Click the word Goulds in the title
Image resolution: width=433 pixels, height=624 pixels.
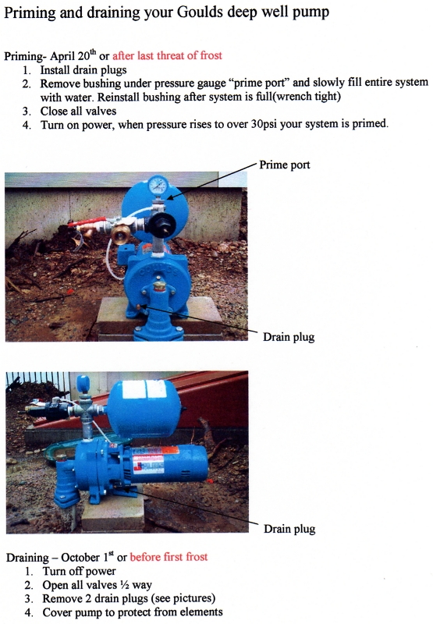pos(201,13)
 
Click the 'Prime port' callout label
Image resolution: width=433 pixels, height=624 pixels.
pos(285,165)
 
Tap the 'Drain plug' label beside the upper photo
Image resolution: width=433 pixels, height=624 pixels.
pos(289,337)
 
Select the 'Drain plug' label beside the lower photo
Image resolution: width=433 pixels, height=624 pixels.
pos(289,529)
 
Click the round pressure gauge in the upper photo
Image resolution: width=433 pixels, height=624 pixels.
pos(158,186)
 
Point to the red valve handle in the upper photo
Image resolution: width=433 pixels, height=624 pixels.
pos(87,222)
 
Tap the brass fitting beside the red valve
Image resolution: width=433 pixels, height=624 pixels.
pos(121,234)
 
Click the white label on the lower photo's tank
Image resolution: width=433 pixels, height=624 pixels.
pos(144,388)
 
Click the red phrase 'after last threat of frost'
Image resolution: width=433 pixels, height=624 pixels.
pos(167,55)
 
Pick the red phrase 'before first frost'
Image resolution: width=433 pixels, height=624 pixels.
pos(169,557)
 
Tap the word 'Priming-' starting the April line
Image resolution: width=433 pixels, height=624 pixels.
pos(25,56)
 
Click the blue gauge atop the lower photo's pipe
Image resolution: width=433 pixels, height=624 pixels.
pos(83,384)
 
